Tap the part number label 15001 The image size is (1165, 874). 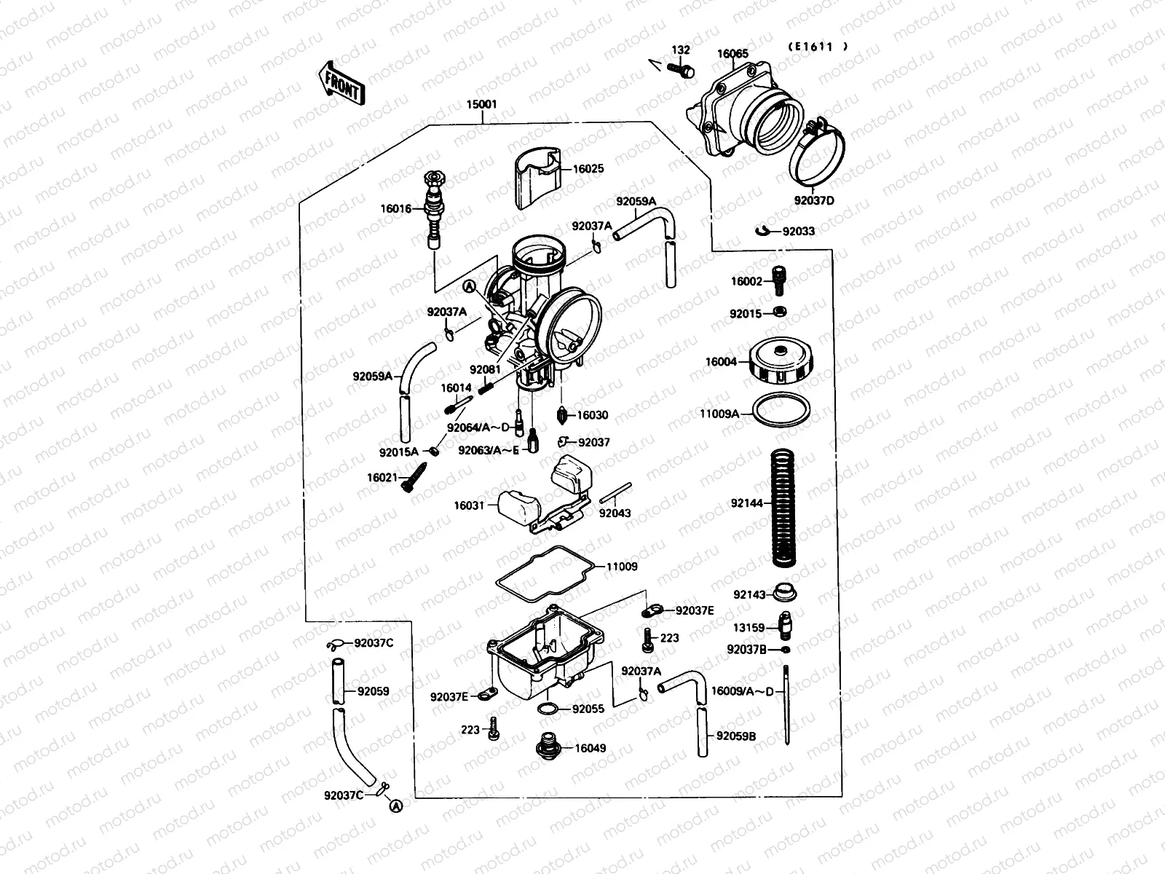pos(481,104)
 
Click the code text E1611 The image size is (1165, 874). pos(817,46)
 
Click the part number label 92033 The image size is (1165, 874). pos(799,232)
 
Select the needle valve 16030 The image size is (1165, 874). pos(564,415)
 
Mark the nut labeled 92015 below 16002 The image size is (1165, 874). pos(779,313)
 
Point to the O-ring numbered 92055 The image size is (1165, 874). pos(550,709)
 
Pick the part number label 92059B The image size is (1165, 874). pos(736,736)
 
